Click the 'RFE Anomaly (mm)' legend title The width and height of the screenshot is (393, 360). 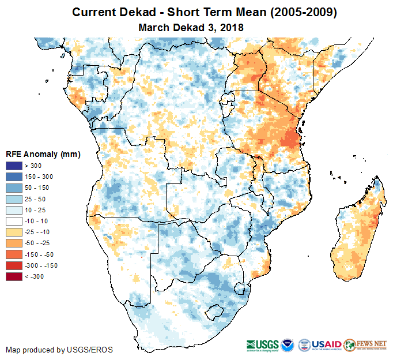coord(43,154)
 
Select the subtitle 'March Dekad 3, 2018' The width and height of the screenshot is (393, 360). coord(191,27)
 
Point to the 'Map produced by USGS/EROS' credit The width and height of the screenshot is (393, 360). coord(59,350)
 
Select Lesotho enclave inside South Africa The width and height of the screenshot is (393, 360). coord(217,313)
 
